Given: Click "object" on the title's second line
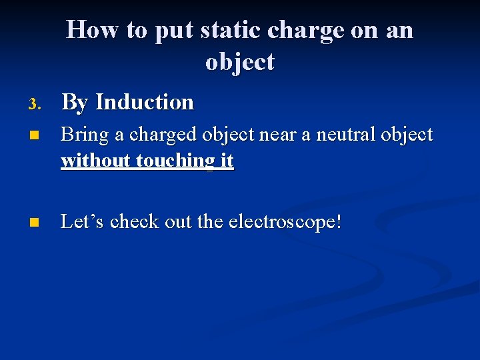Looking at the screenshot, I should coord(240,63).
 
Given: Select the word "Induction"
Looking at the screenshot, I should coord(145,103).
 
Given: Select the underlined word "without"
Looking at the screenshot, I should coord(96,161).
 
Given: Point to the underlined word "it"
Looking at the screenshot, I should coord(226,161).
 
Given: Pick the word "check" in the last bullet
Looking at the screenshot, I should coord(135,222).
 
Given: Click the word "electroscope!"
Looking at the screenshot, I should coord(285,223).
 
